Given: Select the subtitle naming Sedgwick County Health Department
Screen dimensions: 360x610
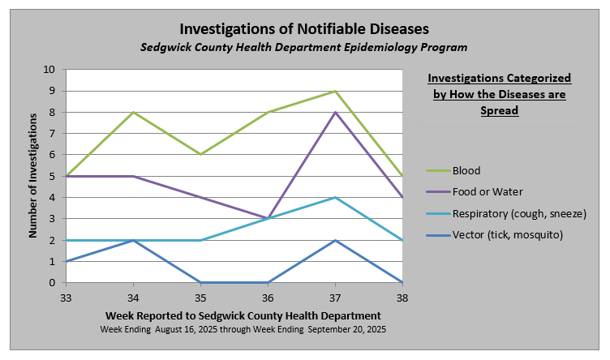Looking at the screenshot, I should [305, 48].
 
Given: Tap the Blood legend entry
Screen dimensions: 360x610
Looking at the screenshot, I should [467, 171].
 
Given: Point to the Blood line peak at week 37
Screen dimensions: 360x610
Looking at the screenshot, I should [335, 91].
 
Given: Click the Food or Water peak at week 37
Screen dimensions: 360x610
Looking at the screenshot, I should [335, 112].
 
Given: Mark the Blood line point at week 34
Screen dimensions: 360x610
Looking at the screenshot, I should [133, 112].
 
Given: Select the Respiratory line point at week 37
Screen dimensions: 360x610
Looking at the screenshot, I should [335, 198].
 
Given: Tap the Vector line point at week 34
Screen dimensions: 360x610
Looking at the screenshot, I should [133, 240].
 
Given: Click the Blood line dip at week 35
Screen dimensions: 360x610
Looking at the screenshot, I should [200, 155].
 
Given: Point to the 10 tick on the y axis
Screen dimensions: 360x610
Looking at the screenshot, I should [49, 70].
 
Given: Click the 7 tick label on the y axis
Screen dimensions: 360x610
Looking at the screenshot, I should [50, 134].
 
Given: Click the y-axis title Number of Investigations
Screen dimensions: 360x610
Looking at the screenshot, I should [33, 176].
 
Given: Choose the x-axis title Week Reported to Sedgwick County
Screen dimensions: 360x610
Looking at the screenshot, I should [243, 315].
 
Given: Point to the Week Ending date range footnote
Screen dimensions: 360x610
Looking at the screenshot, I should [243, 330].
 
